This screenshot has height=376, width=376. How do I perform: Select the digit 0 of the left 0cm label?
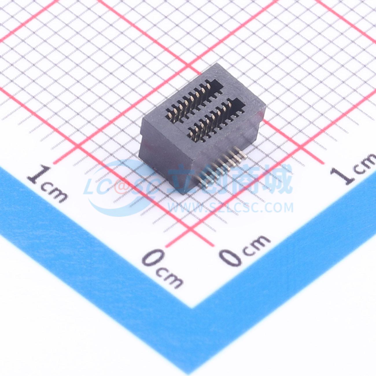point(154,258)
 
